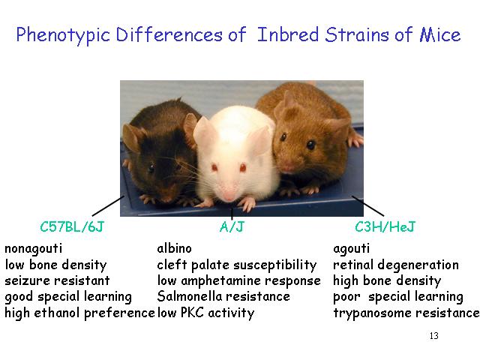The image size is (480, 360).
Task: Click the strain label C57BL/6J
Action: point(72,226)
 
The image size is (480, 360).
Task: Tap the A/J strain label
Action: point(232,226)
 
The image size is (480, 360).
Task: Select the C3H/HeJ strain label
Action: point(385,226)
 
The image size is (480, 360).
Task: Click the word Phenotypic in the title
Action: point(63,35)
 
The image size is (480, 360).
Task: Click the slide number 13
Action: point(433,336)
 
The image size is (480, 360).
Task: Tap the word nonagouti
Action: point(33,249)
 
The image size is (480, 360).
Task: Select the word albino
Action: point(174,248)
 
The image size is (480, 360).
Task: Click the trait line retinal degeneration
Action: point(396,265)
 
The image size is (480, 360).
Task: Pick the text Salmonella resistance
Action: point(223,296)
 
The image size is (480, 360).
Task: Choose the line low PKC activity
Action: point(205,313)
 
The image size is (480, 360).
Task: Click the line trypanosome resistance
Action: point(406,313)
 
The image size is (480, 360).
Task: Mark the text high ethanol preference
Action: point(79,313)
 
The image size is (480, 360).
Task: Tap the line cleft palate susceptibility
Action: point(237,265)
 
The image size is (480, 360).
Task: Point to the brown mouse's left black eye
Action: point(283,136)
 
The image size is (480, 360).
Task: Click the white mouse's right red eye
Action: point(243,167)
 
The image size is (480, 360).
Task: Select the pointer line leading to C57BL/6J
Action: point(108,206)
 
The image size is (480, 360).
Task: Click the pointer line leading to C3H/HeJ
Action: point(367,206)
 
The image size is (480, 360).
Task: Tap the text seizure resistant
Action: point(57,280)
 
